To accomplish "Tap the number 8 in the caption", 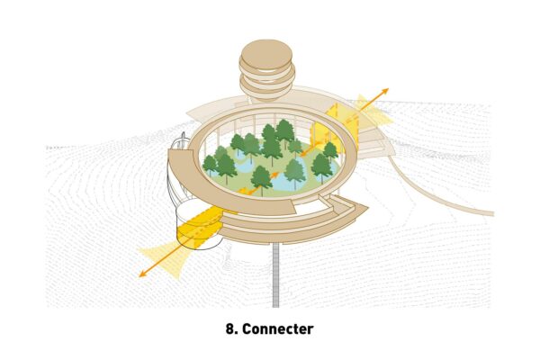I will (230, 329).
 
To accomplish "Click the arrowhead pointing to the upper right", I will (385, 91).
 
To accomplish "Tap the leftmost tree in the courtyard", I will (211, 164).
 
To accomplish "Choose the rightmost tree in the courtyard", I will (329, 151).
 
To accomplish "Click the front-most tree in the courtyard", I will (261, 178).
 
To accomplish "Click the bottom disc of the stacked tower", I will (265, 89).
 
